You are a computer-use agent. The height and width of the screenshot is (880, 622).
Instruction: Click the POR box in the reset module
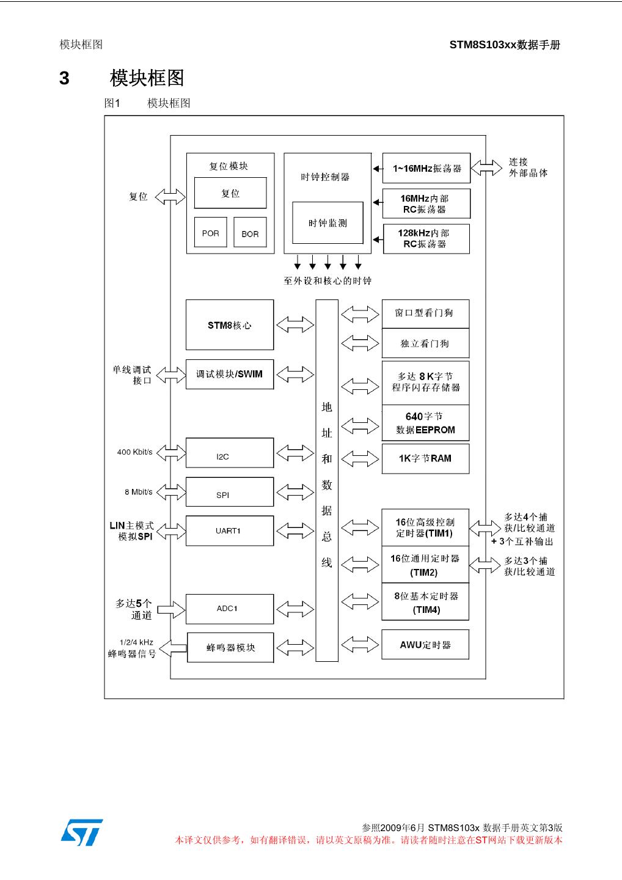210,232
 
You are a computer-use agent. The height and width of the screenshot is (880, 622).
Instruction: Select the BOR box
250,232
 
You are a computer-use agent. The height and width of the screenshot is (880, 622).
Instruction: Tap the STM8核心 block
230,325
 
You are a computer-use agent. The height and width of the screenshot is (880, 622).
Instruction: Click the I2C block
230,453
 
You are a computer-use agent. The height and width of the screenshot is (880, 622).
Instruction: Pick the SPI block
230,492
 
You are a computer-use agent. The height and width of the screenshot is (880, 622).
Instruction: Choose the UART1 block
230,530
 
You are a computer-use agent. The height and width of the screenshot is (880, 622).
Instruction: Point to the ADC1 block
230,609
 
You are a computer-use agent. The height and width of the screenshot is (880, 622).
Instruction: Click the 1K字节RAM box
426,459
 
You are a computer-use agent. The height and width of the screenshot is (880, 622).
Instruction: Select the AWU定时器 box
425,645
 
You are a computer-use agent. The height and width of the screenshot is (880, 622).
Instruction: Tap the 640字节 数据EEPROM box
426,423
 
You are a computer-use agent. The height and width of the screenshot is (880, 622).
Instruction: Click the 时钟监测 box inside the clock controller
328,222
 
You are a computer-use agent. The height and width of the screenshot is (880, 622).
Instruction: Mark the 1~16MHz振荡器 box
426,168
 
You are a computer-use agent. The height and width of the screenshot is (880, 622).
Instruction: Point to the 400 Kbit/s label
134,452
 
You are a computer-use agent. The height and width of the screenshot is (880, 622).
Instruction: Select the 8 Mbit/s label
139,492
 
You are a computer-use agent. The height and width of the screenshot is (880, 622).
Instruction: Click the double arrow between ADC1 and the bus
295,609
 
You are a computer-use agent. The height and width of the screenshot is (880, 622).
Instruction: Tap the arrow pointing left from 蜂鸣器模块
173,648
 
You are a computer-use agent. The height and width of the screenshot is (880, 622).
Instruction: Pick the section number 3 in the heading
64,78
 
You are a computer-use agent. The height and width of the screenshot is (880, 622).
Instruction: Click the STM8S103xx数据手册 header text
505,45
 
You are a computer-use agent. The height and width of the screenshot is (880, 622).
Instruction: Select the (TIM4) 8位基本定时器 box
425,602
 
